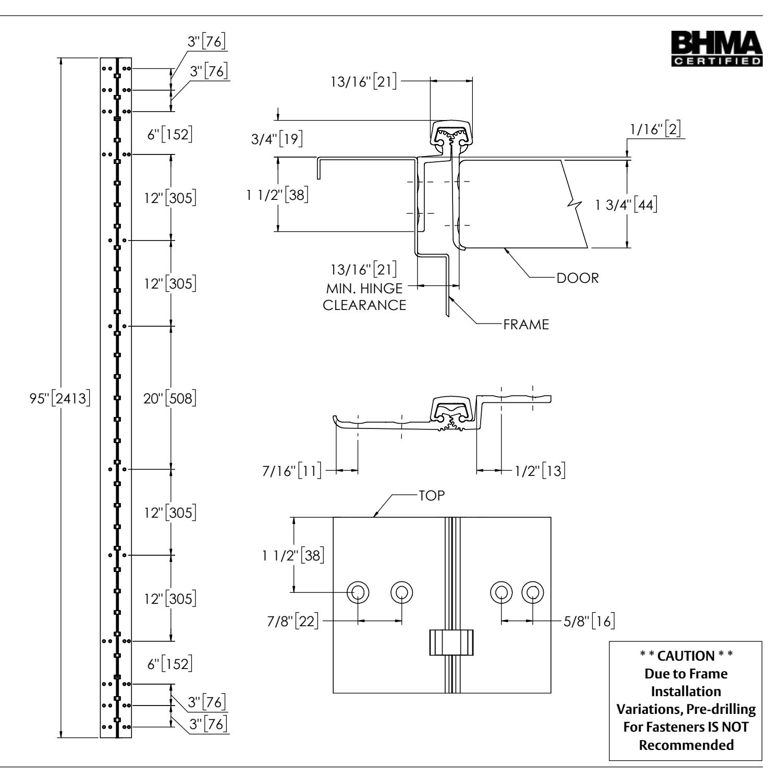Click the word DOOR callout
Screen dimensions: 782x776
tap(578, 278)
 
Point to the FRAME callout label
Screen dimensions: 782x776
tap(526, 325)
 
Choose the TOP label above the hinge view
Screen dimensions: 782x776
tap(431, 496)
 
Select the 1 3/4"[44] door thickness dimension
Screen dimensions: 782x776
tap(625, 205)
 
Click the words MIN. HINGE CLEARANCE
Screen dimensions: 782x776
tap(365, 296)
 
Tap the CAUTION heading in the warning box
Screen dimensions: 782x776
tap(685, 655)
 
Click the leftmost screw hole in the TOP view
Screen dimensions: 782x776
tap(358, 592)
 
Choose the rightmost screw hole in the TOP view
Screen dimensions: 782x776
tap(533, 592)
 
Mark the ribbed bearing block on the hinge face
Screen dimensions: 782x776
tap(451, 642)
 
